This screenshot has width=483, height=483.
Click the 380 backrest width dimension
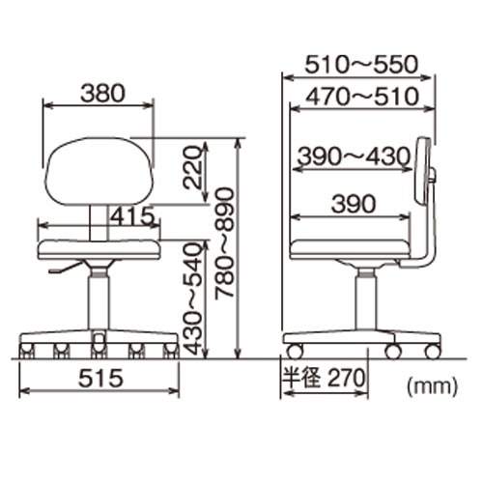[x=102, y=94]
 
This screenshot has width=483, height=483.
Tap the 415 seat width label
[x=132, y=215]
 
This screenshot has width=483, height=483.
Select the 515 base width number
[x=100, y=378]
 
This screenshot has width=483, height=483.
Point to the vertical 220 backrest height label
[x=192, y=167]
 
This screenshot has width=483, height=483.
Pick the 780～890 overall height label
[x=224, y=243]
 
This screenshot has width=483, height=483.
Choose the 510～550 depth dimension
[x=361, y=65]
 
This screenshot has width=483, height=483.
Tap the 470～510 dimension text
[x=362, y=97]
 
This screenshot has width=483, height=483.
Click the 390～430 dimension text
[x=354, y=156]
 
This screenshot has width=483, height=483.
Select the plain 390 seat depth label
[x=354, y=204]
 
